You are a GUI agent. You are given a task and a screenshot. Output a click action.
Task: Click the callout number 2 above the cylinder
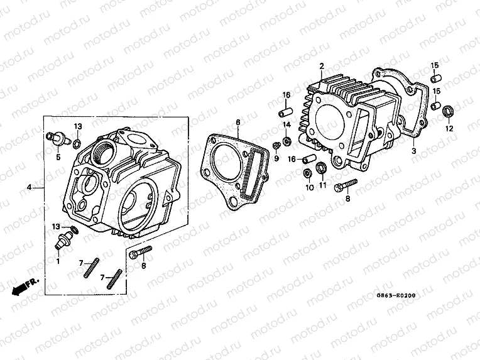(321, 66)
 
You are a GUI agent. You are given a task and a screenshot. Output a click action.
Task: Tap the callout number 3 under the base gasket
(414, 151)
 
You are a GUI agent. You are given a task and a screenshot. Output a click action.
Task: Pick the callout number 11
(322, 186)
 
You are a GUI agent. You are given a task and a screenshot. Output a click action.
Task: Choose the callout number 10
(308, 188)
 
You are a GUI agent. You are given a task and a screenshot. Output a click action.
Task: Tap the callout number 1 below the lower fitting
(58, 261)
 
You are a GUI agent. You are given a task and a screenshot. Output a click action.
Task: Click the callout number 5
(58, 157)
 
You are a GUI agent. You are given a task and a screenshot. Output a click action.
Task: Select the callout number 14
(286, 125)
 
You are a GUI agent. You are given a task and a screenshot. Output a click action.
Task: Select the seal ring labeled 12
(449, 112)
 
